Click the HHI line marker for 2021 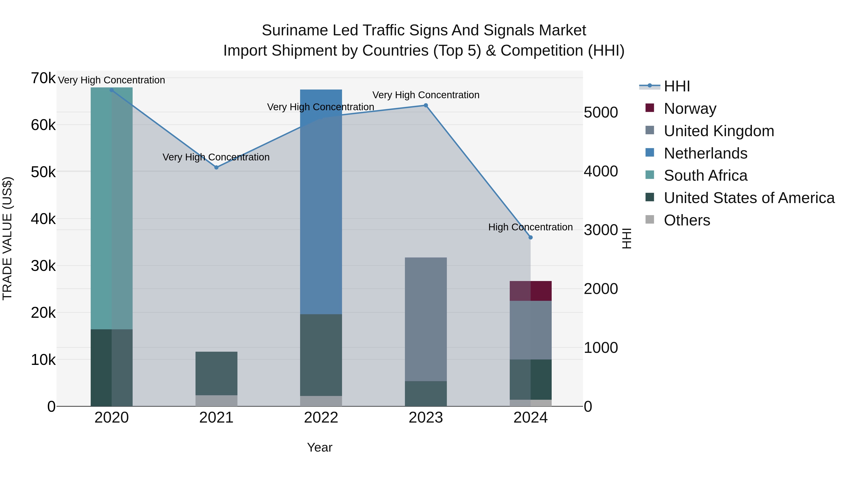tap(216, 167)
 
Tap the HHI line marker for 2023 tap(426, 105)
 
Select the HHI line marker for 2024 tap(530, 237)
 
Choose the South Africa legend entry tap(705, 175)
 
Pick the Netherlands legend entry tap(705, 153)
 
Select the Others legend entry tap(687, 220)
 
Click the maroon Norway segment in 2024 tap(530, 291)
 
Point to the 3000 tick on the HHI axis tap(601, 230)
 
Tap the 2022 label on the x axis tap(321, 418)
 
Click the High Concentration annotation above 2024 tap(530, 227)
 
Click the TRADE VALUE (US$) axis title tap(7, 238)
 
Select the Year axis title tap(320, 447)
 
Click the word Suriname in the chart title tap(295, 30)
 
